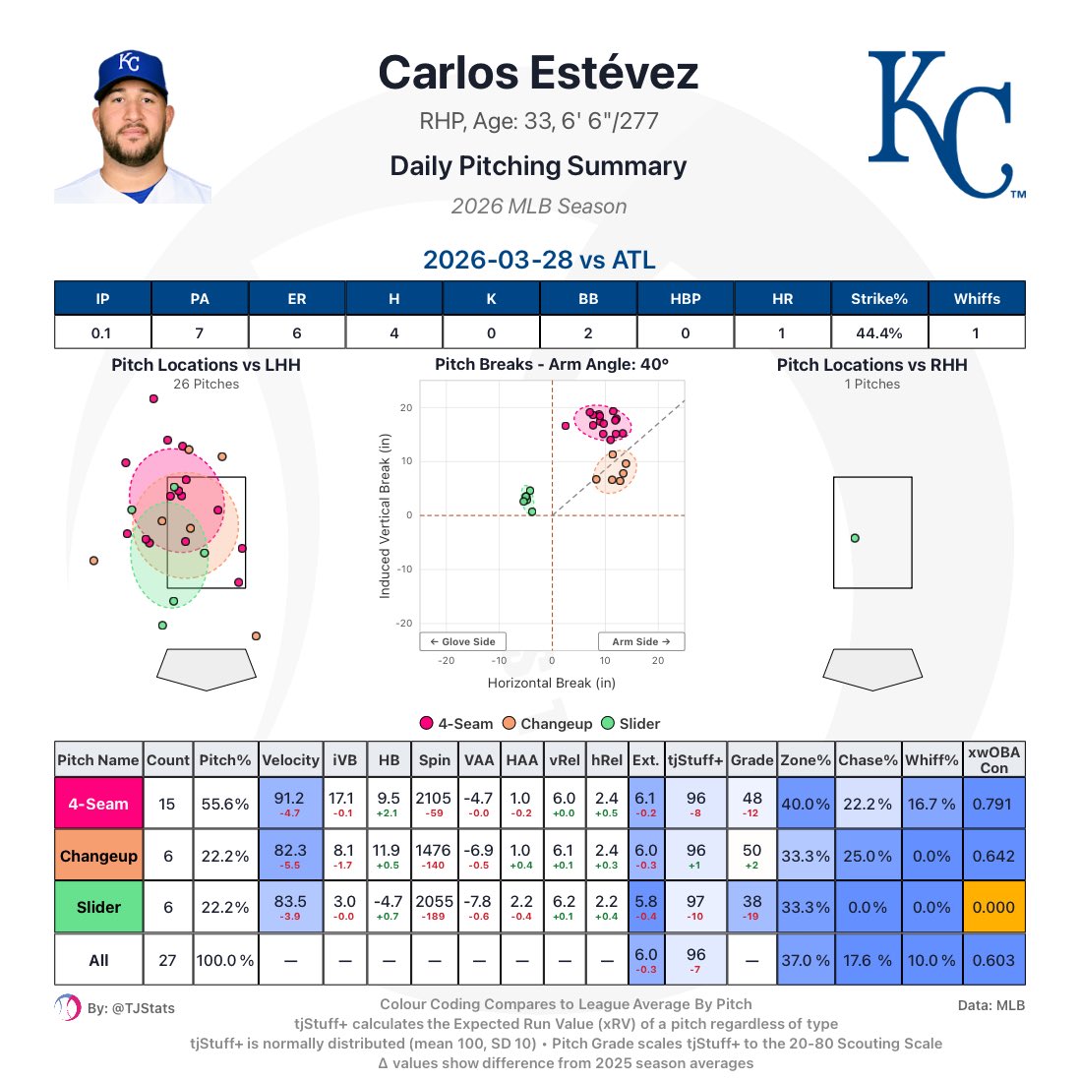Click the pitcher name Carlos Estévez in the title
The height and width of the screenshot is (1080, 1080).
[x=538, y=74]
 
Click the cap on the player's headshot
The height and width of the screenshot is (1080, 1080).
[x=130, y=74]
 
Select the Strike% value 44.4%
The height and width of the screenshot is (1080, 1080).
[x=878, y=332]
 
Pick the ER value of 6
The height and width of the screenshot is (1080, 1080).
[x=296, y=332]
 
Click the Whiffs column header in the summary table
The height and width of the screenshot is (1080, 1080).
[x=976, y=298]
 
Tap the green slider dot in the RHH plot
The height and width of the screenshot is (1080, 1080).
[x=855, y=538]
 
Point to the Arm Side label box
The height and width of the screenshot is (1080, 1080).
[x=640, y=641]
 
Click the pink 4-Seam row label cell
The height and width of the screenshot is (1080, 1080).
[x=98, y=804]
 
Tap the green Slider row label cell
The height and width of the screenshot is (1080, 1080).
[x=98, y=907]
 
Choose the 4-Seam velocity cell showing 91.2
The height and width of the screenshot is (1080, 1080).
[x=290, y=804]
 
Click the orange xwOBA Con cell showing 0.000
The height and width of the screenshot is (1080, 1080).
[x=992, y=907]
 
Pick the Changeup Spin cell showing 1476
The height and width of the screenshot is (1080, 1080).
[x=434, y=855]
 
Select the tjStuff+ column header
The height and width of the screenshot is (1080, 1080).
[x=695, y=759]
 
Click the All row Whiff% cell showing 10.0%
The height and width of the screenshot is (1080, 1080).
[x=930, y=960]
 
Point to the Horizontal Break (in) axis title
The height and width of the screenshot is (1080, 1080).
[x=551, y=683]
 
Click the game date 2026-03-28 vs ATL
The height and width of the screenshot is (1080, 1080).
[x=539, y=260]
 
